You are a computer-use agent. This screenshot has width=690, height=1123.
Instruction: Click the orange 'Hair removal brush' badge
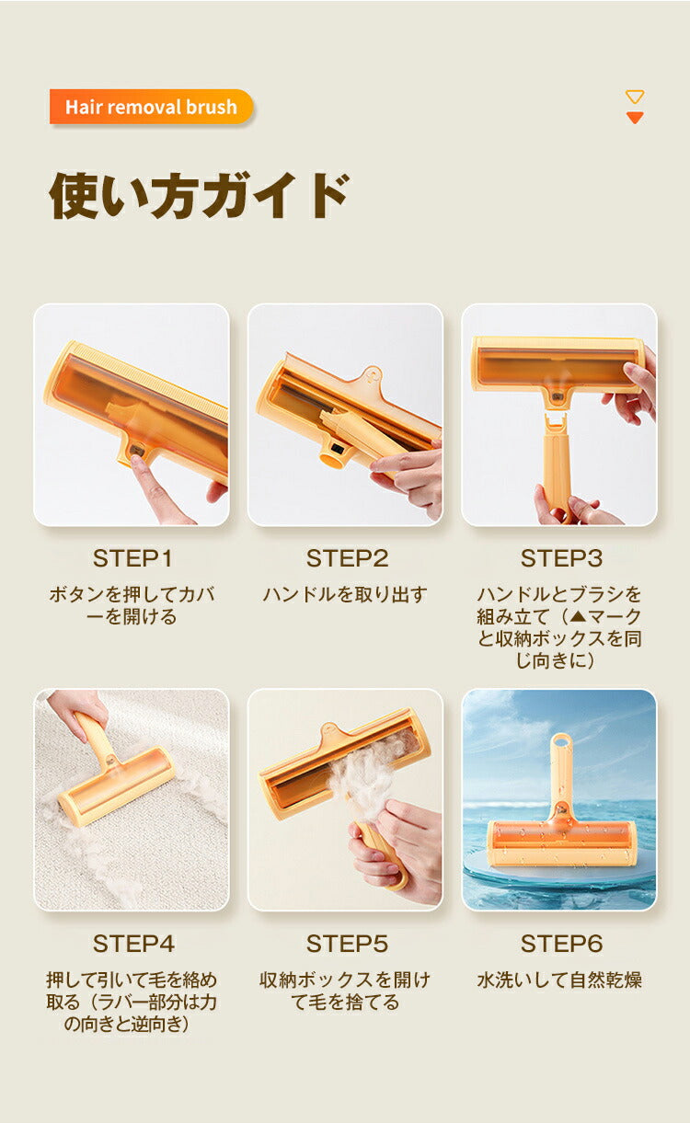click(151, 107)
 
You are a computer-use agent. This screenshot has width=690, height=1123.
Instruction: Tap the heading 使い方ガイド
click(199, 196)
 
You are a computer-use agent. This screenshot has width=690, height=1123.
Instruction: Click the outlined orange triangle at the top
click(634, 97)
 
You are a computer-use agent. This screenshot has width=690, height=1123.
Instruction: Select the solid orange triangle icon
click(634, 118)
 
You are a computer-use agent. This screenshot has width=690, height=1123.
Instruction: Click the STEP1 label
click(132, 558)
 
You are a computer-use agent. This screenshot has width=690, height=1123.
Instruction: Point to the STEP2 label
click(347, 558)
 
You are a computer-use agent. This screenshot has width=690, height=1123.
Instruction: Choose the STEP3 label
click(561, 558)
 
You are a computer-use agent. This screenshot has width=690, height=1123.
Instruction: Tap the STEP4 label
click(133, 944)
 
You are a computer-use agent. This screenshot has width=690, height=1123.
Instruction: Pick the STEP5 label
click(347, 944)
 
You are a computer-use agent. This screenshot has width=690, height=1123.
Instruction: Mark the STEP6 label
click(561, 944)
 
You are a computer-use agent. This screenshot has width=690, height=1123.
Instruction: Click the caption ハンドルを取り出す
click(345, 594)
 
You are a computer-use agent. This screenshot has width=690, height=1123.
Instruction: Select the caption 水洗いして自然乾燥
click(559, 980)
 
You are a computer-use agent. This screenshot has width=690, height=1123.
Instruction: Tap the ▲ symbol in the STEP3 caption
click(578, 616)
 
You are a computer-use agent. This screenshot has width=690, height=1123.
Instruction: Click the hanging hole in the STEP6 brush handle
click(561, 741)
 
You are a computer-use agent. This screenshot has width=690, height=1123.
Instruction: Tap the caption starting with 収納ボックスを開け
click(345, 991)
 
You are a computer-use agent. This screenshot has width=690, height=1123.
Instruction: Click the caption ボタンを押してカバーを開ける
click(132, 605)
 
